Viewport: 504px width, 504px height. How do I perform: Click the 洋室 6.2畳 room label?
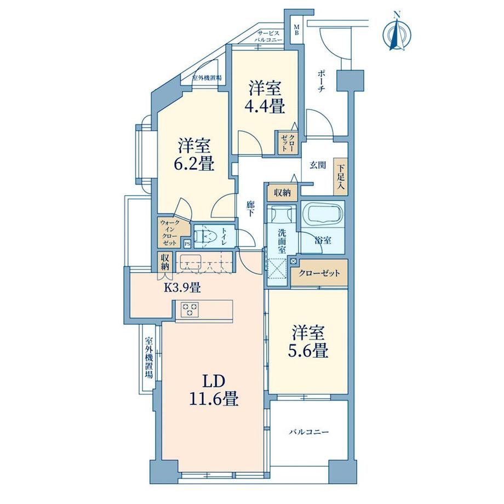(x=196, y=154)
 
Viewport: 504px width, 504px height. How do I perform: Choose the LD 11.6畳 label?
(x=214, y=391)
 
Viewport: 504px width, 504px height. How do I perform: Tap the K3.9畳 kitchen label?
(x=182, y=287)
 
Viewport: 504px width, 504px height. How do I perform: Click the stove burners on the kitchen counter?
(x=190, y=310)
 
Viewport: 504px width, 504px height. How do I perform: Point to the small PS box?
(x=187, y=244)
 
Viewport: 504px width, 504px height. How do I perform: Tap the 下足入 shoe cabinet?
(x=340, y=176)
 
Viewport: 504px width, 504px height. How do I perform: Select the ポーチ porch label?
(x=321, y=81)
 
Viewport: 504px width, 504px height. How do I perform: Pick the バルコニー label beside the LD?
(x=308, y=432)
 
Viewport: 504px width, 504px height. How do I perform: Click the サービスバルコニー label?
(x=268, y=37)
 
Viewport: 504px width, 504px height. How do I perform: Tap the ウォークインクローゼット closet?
(x=169, y=232)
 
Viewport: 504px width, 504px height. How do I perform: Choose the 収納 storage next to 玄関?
(x=283, y=193)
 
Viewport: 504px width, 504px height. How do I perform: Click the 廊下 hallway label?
(x=250, y=208)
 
